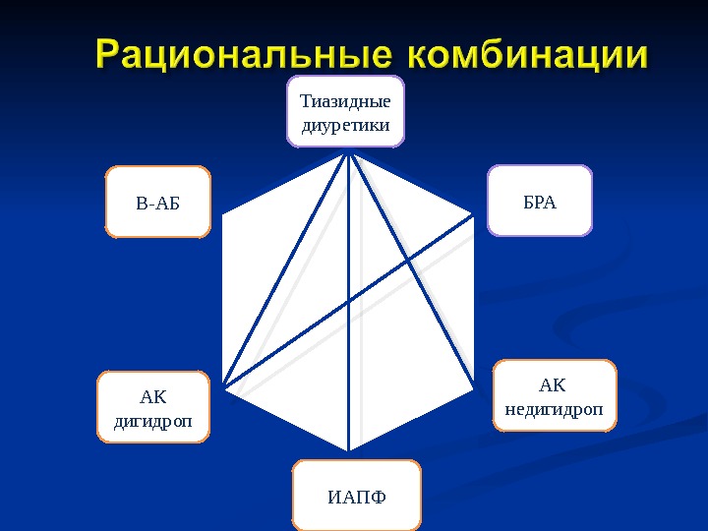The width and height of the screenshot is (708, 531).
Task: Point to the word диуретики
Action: click(345, 125)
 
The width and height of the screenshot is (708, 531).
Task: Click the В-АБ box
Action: click(158, 204)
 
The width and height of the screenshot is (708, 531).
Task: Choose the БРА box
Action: click(540, 203)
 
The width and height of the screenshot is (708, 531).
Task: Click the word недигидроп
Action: click(553, 408)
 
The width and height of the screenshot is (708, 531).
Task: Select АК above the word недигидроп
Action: click(553, 383)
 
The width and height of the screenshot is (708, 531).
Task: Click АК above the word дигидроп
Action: click(153, 396)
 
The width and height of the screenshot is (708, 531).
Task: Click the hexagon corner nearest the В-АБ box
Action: click(223, 215)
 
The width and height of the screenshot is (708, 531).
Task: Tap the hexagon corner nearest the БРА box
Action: click(475, 215)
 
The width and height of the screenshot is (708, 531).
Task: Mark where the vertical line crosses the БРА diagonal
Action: click(349, 303)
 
